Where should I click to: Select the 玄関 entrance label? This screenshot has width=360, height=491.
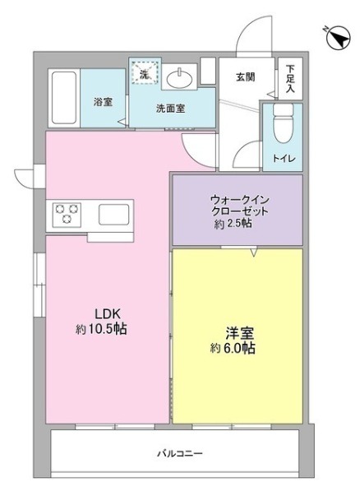pos(245,77)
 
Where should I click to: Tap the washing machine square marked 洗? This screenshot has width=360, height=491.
pos(145,75)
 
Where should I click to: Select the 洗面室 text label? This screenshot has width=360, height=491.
pos(171,108)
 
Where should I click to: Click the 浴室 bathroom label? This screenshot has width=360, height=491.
pos(103,101)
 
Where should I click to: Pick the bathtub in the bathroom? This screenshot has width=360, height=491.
pos(63,98)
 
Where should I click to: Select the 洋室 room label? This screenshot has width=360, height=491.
pos(238,334)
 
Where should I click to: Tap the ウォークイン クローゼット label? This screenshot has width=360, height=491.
pos(239,205)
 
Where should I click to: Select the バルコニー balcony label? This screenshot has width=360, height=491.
pos(180,453)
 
